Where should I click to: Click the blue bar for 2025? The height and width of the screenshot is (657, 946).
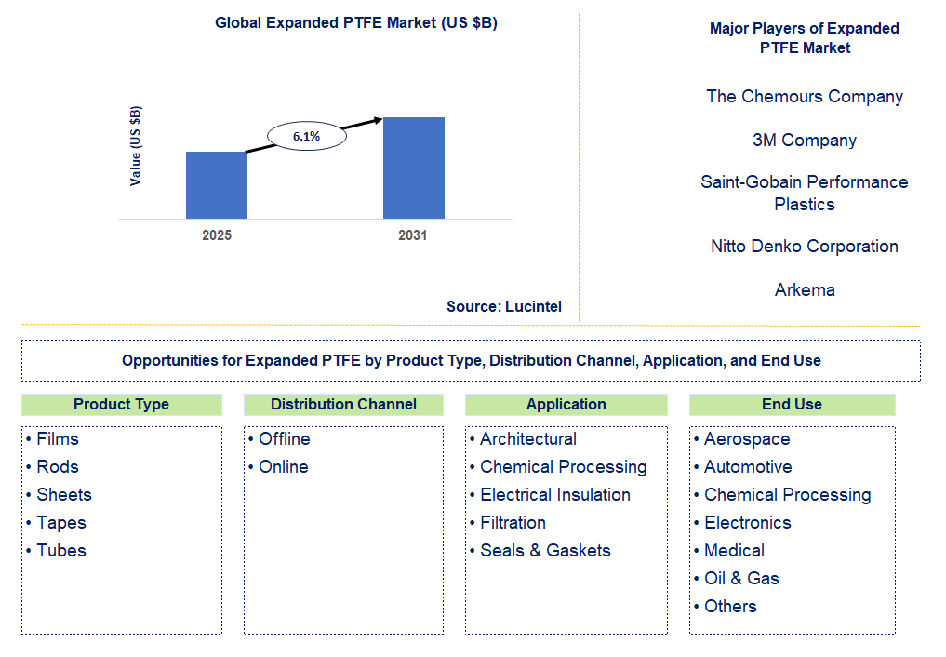click(x=217, y=185)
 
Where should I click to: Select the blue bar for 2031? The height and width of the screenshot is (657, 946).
click(x=413, y=168)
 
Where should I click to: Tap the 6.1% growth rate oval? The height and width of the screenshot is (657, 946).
click(x=306, y=136)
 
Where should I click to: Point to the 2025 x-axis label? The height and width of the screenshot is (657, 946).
click(x=217, y=235)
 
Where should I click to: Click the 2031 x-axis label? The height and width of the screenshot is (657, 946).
click(x=412, y=235)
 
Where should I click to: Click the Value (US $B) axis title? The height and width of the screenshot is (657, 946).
click(x=136, y=146)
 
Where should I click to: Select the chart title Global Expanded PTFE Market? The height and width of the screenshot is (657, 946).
click(x=356, y=23)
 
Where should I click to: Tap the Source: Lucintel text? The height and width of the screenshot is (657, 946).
click(x=503, y=306)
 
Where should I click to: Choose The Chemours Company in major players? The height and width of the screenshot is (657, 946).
click(x=805, y=97)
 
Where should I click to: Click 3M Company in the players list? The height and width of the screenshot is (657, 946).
click(x=805, y=141)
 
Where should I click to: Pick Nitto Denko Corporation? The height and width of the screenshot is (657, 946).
click(x=805, y=247)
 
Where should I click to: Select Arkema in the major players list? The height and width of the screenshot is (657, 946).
click(x=805, y=290)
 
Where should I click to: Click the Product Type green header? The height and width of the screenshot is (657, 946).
click(x=121, y=404)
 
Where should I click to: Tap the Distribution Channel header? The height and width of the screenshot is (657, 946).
click(x=343, y=404)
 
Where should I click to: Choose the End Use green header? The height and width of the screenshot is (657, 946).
click(x=792, y=404)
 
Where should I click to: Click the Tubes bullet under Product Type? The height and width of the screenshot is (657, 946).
click(x=60, y=550)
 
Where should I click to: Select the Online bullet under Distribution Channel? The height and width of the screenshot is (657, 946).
click(x=283, y=466)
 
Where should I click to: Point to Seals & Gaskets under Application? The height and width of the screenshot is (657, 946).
click(x=545, y=550)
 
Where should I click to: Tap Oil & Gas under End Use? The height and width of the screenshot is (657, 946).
click(x=741, y=578)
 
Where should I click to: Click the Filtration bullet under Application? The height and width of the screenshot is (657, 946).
click(x=513, y=522)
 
